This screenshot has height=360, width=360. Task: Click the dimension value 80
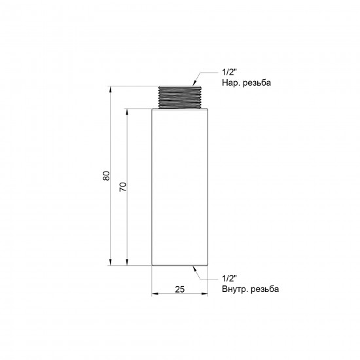[106, 176]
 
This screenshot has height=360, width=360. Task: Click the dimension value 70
[123, 187]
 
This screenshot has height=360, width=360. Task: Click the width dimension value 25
[180, 289]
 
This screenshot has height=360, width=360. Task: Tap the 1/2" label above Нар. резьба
[229, 72]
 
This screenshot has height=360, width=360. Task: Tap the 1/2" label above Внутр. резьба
[229, 278]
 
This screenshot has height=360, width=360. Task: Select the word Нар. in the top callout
[231, 83]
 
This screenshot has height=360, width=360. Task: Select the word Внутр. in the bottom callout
[235, 289]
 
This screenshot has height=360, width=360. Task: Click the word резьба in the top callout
[257, 83]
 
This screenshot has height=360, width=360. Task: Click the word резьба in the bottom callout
[265, 289]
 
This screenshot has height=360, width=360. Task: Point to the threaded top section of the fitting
[180, 97]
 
